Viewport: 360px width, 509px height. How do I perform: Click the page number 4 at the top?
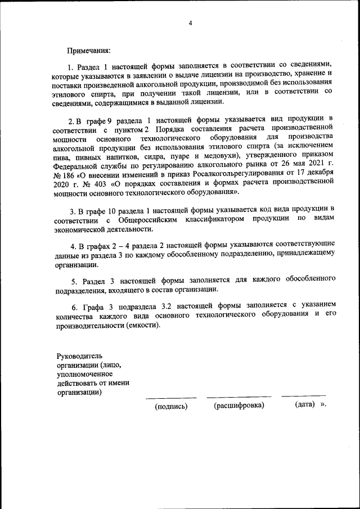coord(190,23)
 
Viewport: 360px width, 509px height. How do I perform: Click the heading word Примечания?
coord(89,51)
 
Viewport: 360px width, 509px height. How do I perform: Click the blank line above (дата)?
coord(304,397)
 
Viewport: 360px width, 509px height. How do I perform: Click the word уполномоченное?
coord(84,374)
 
